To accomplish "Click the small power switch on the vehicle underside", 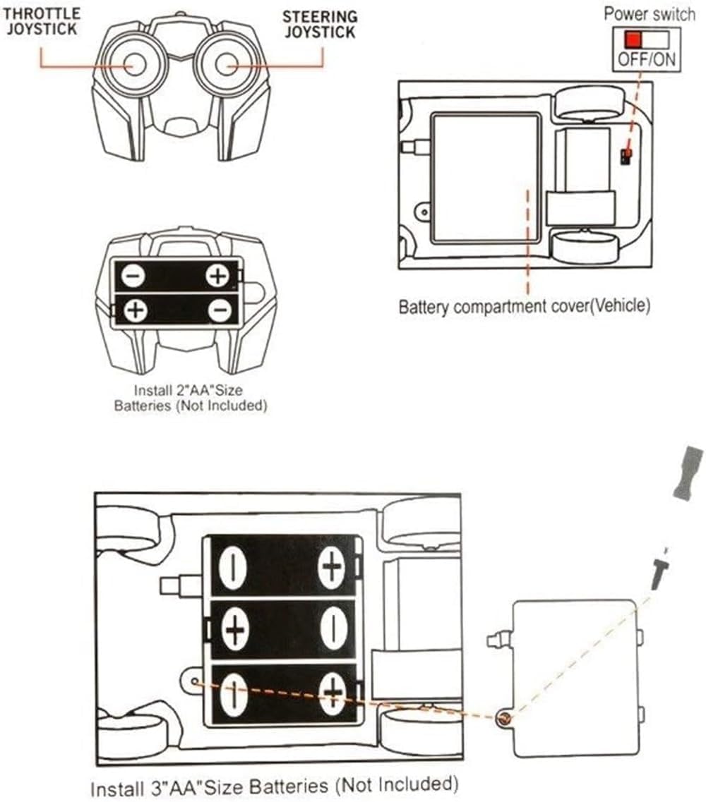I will tap(626, 156).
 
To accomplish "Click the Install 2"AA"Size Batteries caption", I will tap(191, 397).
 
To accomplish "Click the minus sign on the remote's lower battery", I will tap(220, 310).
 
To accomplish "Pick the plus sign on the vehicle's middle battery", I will tap(234, 628).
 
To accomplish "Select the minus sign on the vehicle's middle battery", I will tap(331, 628).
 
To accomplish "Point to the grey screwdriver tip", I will tap(688, 472).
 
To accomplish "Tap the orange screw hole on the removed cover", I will tap(504, 719).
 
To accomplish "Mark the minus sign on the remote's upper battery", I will tap(133, 275).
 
